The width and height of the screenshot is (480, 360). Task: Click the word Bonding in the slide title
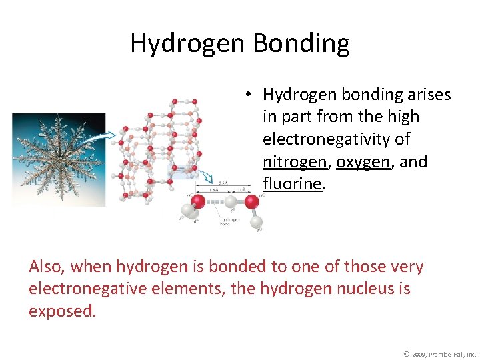click(301, 44)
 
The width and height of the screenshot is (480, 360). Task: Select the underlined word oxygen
click(363, 161)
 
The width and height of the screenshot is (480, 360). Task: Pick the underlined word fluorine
click(292, 184)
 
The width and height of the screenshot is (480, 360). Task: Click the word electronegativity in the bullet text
click(336, 139)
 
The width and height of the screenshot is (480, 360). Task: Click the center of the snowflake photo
click(59, 159)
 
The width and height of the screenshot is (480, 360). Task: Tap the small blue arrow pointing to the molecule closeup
click(207, 179)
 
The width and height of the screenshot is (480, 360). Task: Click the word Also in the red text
click(47, 267)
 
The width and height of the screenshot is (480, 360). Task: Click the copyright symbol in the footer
click(406, 353)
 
